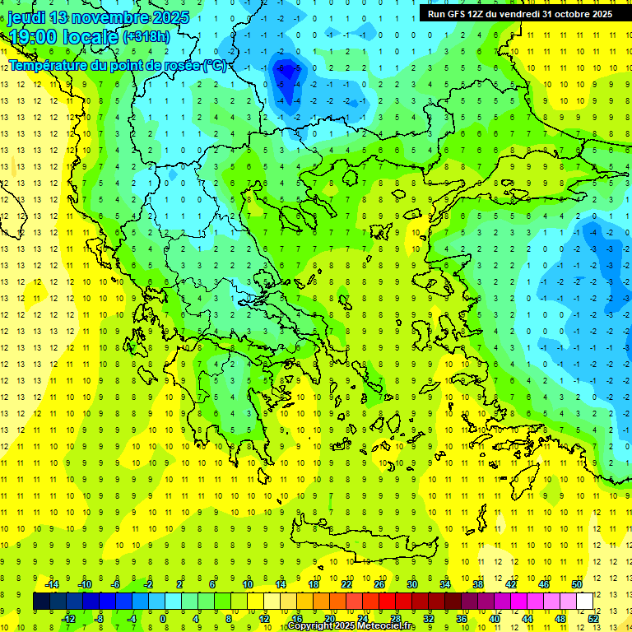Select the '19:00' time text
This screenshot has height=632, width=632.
pos(34,37)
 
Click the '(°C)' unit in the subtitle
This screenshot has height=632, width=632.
pos(215,64)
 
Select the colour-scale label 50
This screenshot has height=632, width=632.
pos(577,584)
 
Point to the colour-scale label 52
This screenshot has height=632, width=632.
pos(593,619)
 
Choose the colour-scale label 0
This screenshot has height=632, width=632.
pos(163,619)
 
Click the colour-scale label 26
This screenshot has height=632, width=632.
pos(379,584)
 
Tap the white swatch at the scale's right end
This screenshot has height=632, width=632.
pos(584,602)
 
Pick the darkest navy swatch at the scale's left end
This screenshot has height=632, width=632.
pos(41,602)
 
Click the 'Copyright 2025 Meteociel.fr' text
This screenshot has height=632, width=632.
pos(351,626)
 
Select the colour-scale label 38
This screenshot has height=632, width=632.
pos(478,584)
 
